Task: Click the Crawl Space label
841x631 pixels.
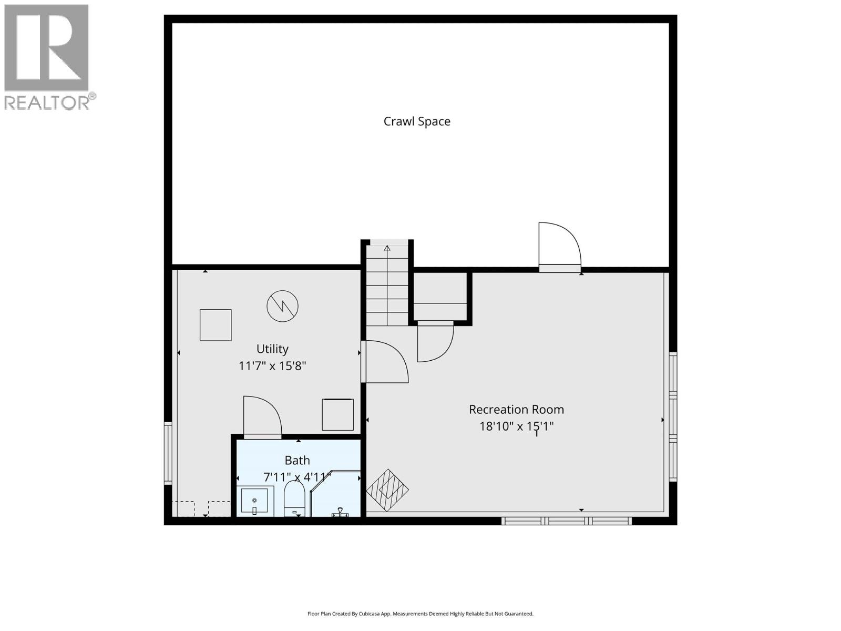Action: pos(417,121)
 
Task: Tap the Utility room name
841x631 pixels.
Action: pos(272,349)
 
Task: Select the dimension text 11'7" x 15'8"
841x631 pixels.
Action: pos(272,366)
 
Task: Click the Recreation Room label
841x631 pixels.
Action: pos(516,409)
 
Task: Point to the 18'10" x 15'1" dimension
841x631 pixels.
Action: pos(516,426)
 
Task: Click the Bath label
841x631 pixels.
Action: pos(297,461)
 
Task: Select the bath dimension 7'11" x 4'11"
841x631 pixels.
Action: pos(297,477)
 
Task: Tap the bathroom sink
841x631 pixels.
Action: pos(255,501)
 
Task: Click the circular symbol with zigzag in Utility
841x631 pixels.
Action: pos(282,306)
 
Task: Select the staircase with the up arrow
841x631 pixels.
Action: pos(387,287)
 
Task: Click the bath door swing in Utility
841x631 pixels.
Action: pos(262,417)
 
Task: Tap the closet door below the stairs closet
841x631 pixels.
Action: pos(435,342)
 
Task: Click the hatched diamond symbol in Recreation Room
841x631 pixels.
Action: pos(387,490)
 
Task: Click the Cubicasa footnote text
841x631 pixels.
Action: pos(420,614)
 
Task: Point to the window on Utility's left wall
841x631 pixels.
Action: pos(168,453)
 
